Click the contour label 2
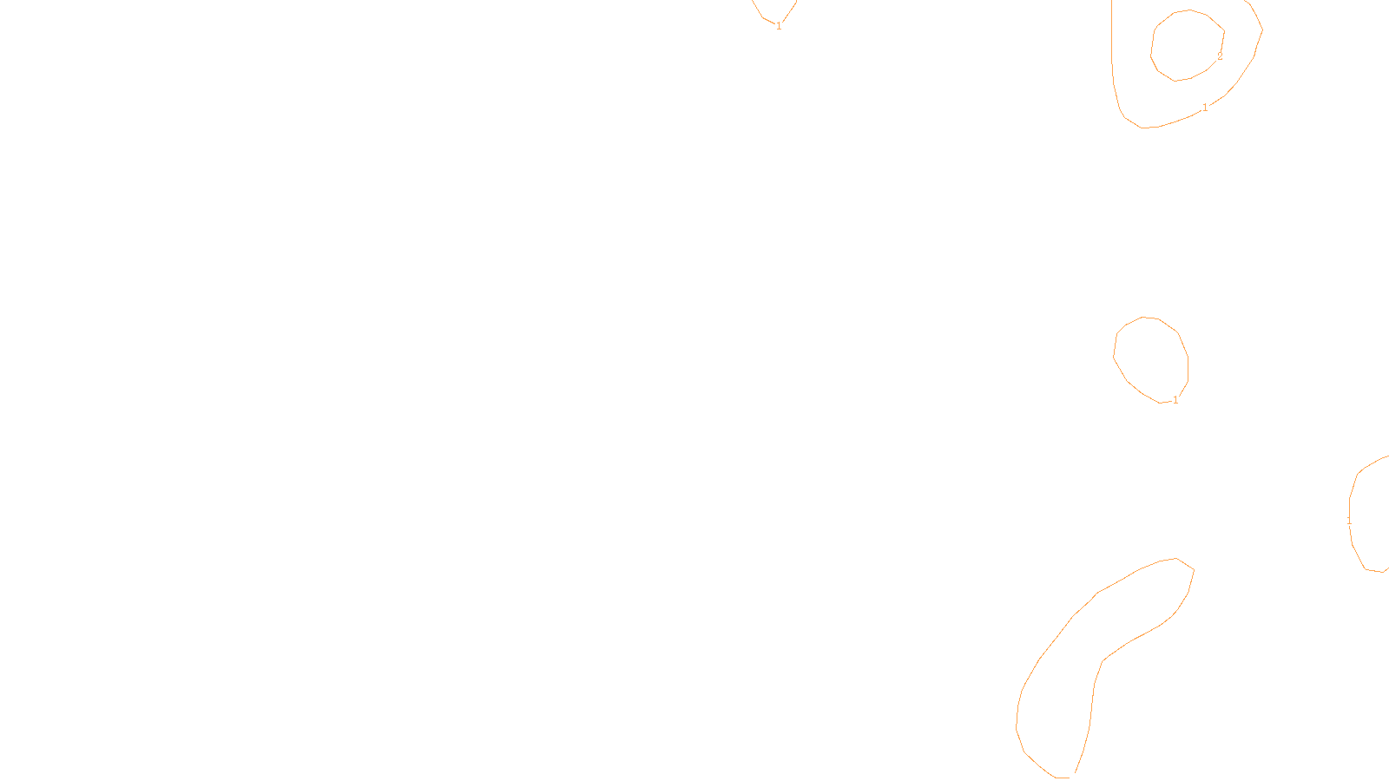point(1220,56)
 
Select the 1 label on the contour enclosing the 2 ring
point(1205,108)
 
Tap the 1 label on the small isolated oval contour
point(1175,400)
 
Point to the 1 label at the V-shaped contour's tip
point(779,26)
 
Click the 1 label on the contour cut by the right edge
point(1349,521)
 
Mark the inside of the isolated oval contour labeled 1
point(1150,358)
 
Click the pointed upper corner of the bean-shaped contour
point(1193,569)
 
